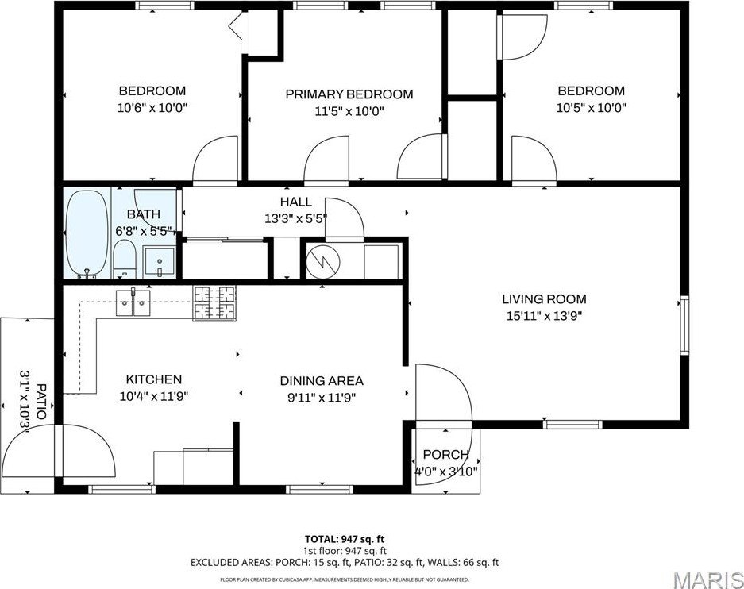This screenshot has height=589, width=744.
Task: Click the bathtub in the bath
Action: coord(88,233)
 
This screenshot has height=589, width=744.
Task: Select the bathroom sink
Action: coord(160,261)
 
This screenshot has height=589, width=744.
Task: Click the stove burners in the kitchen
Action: coord(214,303)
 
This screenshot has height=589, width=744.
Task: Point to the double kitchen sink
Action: coord(134,302)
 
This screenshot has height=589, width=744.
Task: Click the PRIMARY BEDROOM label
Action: coord(349,94)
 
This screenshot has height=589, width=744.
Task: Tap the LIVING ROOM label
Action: coord(544,299)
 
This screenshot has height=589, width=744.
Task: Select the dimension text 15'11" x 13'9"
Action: coord(544,315)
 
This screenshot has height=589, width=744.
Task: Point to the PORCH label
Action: coord(445,455)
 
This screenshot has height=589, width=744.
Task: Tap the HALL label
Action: coord(295,202)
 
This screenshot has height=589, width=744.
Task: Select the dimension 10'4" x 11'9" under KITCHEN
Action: coord(153,395)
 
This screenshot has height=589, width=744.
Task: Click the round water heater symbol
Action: coord(323,260)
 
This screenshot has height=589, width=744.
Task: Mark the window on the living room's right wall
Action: coord(684,325)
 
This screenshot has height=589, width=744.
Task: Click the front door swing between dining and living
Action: coord(442,393)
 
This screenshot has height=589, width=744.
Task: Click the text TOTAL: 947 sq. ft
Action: coord(345,539)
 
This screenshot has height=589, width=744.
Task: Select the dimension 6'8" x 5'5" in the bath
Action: coord(143,230)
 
